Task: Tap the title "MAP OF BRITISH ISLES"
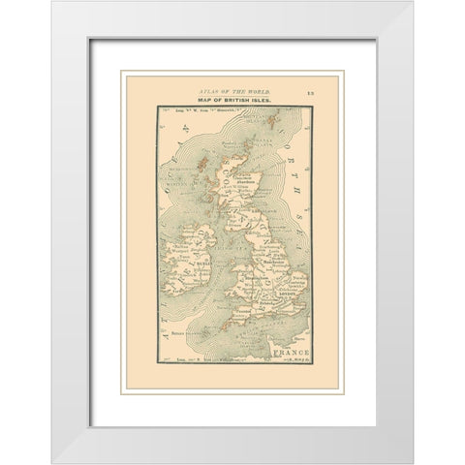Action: (x=232, y=100)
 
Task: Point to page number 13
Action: (x=306, y=89)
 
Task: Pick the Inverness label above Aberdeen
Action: (x=238, y=173)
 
